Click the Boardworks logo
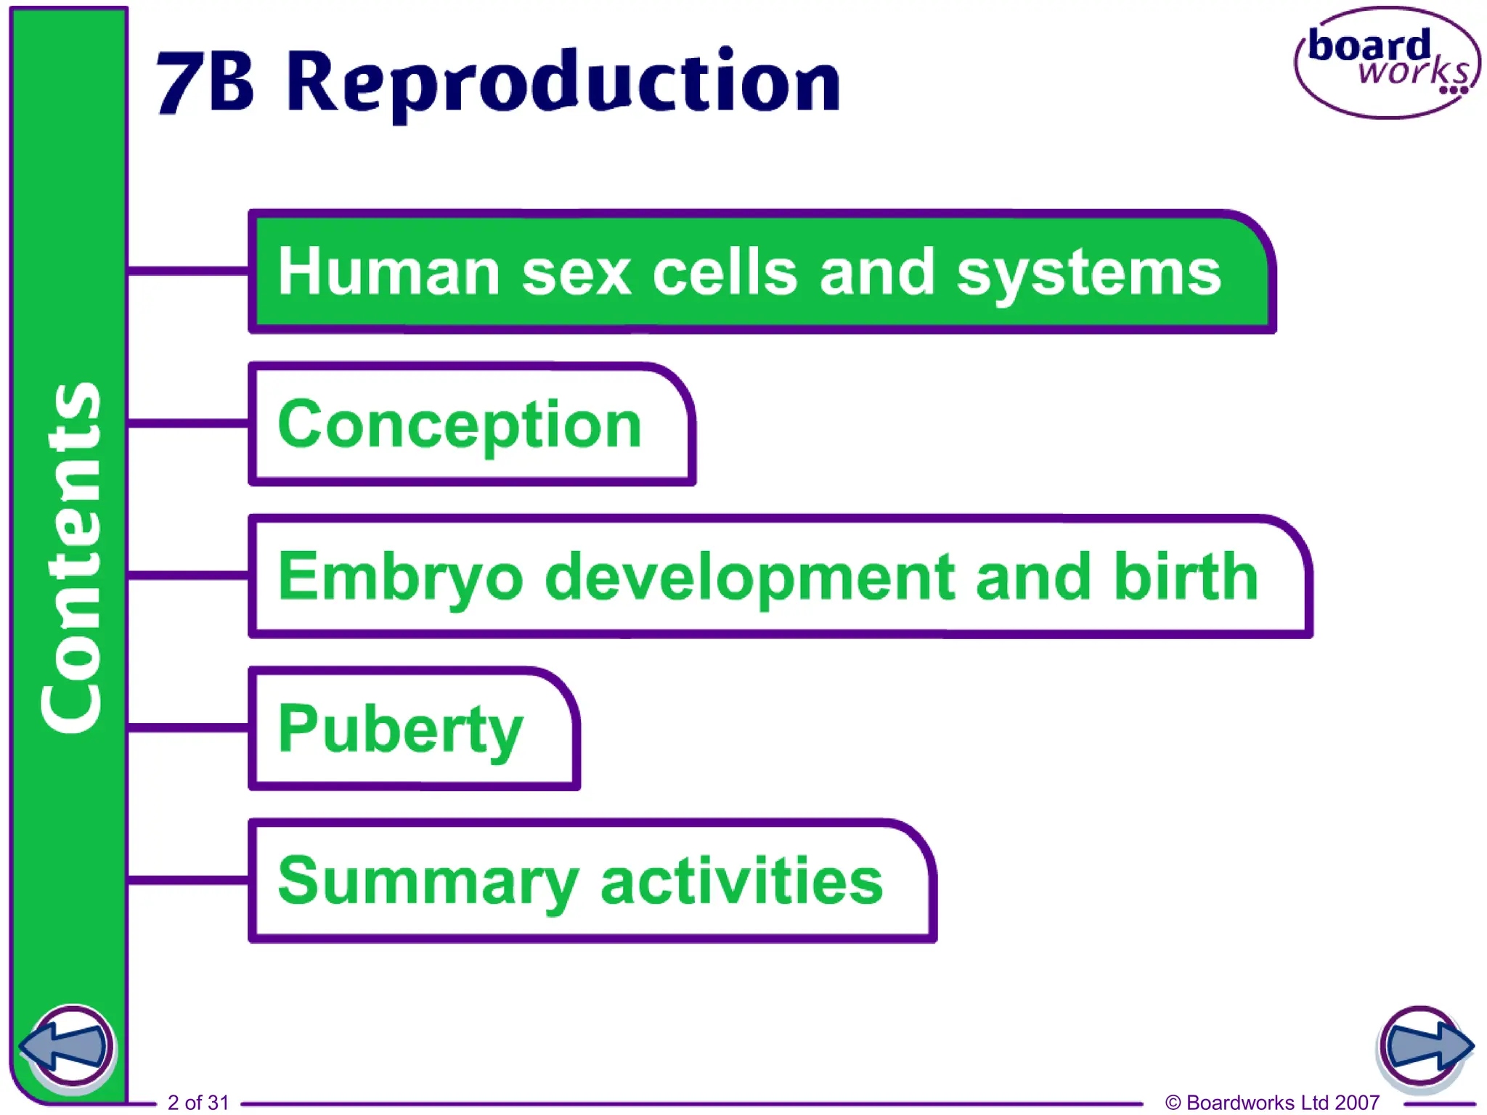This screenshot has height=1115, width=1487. point(1387,63)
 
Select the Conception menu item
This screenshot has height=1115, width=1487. point(460,425)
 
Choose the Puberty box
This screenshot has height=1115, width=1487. point(401,730)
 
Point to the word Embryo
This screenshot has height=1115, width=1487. point(400,578)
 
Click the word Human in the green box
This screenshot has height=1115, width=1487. point(389,272)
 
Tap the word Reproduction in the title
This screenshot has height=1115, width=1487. point(563,83)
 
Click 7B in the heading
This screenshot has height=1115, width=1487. point(205,83)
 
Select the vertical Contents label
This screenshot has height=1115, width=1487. point(70,557)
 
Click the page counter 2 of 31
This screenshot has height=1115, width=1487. point(198,1102)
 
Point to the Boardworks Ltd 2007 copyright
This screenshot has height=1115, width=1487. point(1272,1102)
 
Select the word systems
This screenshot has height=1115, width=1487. point(1088,274)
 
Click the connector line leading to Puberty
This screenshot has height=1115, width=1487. point(188,727)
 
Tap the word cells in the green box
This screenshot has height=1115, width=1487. point(725,272)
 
